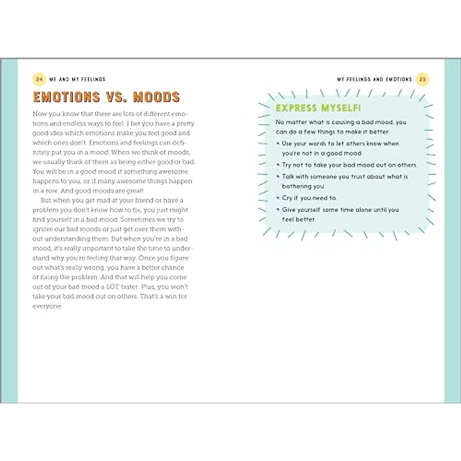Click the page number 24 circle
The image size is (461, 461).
tap(39, 79)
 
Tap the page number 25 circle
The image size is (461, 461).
tap(423, 79)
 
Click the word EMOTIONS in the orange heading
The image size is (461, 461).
tap(66, 97)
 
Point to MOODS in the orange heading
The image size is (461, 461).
tap(156, 97)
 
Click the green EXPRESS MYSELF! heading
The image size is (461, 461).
tap(318, 108)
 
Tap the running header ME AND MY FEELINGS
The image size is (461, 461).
tap(77, 79)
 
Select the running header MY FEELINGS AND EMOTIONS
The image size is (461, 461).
tap(374, 79)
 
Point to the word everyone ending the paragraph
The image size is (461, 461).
tap(47, 306)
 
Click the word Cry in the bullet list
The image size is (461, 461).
tap(287, 198)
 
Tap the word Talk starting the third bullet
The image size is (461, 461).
tap(289, 176)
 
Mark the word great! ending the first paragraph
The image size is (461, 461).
tap(134, 191)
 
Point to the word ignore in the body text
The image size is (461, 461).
tap(42, 229)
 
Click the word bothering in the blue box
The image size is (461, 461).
tap(297, 186)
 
